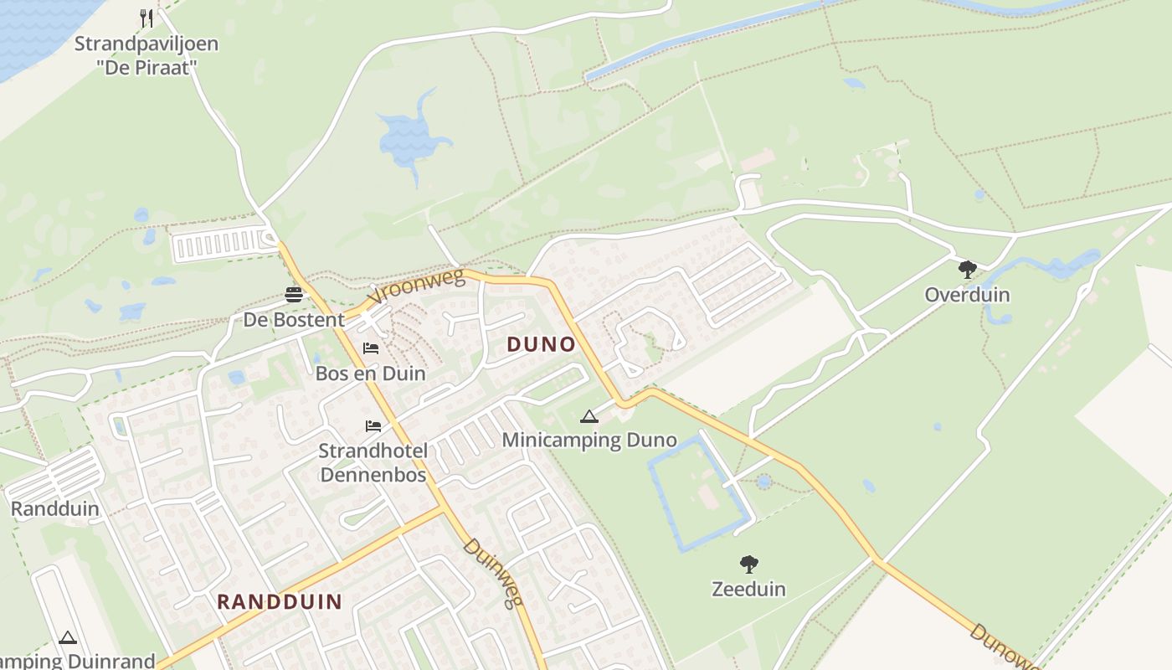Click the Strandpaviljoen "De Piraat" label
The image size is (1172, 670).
(146, 55)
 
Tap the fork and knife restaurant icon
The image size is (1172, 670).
(146, 18)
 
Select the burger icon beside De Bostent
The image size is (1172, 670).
(293, 294)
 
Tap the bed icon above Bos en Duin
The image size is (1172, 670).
(371, 348)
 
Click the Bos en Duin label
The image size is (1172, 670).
(371, 374)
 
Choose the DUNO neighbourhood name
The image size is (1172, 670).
(541, 344)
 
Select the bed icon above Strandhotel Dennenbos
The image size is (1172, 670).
(373, 425)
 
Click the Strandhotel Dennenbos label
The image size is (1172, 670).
(373, 463)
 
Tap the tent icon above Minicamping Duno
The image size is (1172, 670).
(589, 416)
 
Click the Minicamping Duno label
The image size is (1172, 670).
(589, 441)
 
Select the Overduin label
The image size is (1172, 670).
(967, 296)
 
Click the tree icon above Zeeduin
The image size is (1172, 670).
(748, 564)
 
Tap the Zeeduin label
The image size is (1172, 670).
(748, 590)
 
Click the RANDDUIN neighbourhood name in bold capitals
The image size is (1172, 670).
(280, 601)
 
